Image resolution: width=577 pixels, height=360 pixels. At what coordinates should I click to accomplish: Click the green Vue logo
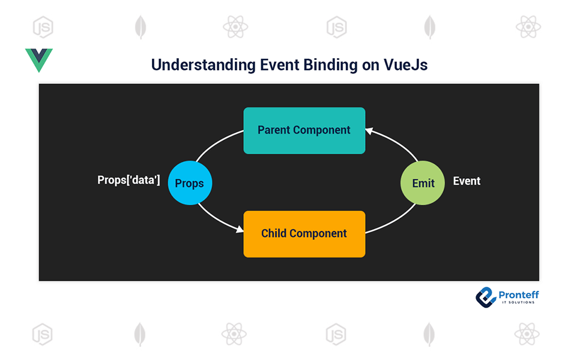point(39,59)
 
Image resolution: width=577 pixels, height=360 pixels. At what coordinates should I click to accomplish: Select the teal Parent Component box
point(304,130)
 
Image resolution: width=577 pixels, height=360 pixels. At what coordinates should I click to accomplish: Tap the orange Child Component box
point(304,233)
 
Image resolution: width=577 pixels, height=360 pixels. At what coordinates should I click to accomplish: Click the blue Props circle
point(190,184)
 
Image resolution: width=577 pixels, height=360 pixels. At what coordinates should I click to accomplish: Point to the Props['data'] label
point(128,180)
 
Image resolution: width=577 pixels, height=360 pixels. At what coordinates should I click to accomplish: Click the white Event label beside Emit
point(467,181)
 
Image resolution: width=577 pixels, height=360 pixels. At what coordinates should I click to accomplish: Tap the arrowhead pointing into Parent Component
point(370,131)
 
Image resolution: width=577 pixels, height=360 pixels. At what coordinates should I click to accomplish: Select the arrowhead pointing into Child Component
point(239,229)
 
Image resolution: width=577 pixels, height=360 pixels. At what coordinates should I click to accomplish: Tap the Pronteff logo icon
point(486,296)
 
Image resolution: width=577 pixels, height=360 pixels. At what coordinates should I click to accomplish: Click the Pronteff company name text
point(518,295)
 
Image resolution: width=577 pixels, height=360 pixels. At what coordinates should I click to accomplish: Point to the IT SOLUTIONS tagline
point(518,302)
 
